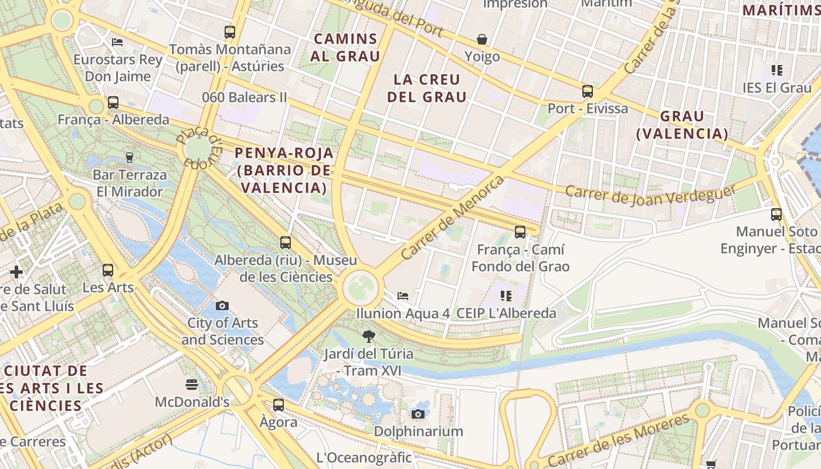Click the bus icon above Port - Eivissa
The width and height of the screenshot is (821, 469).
[x=587, y=91]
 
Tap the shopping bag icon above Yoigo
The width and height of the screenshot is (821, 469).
[x=481, y=39]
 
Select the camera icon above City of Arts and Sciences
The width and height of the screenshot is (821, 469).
[x=222, y=305]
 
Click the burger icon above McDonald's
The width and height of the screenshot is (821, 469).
[x=191, y=385]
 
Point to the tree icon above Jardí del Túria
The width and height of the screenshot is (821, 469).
[x=369, y=337]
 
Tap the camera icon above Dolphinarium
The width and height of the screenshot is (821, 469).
[x=418, y=414]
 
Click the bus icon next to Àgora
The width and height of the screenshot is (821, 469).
[x=279, y=405]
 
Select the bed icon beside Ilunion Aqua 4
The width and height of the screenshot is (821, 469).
[x=403, y=295]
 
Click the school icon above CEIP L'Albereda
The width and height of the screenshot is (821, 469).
[x=506, y=296]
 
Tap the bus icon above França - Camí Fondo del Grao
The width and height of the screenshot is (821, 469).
[x=520, y=232]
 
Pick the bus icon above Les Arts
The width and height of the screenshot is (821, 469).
[x=108, y=270]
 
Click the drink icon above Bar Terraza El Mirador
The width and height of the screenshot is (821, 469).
[x=130, y=157]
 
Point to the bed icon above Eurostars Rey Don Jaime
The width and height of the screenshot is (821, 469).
[x=117, y=42]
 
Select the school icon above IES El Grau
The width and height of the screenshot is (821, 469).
[x=777, y=70]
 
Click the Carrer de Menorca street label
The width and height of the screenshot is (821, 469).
[x=452, y=217]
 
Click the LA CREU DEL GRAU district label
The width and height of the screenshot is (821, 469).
[x=427, y=88]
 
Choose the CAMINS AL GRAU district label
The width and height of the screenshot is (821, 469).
[x=346, y=47]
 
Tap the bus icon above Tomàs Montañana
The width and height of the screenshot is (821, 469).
[x=230, y=32]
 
